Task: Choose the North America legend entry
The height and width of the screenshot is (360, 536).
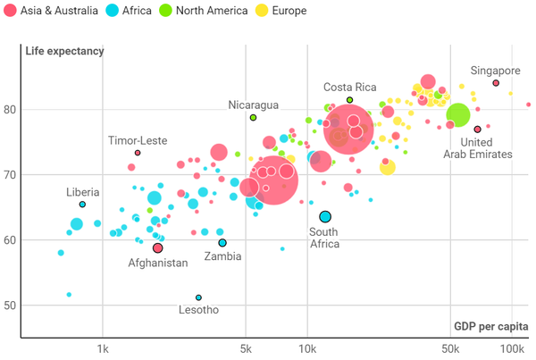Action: pyautogui.click(x=197, y=11)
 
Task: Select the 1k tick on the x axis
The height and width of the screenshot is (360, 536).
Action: pyautogui.click(x=103, y=348)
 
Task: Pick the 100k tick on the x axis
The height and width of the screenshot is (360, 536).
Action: pyautogui.click(x=513, y=348)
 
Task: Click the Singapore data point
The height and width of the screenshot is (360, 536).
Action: pyautogui.click(x=496, y=83)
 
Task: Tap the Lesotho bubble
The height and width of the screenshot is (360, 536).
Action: pyautogui.click(x=198, y=297)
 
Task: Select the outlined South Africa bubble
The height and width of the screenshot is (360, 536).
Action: pyautogui.click(x=325, y=217)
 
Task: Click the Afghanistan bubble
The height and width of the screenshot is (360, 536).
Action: pyautogui.click(x=157, y=247)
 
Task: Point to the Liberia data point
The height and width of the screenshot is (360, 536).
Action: pyautogui.click(x=82, y=205)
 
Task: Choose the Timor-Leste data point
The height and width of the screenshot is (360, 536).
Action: pyautogui.click(x=138, y=153)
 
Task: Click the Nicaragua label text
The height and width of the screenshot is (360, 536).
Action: pyautogui.click(x=253, y=105)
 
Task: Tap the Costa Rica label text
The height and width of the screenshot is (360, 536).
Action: pyautogui.click(x=349, y=87)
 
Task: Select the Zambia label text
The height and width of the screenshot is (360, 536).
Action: pyautogui.click(x=222, y=256)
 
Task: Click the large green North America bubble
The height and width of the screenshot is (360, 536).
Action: pyautogui.click(x=458, y=115)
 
